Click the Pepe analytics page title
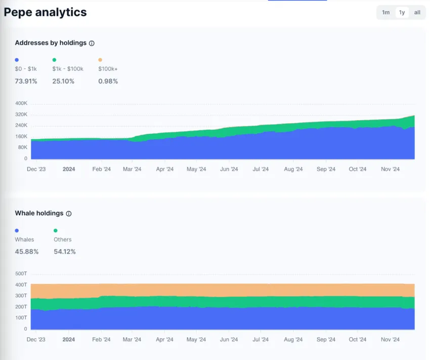click(x=46, y=12)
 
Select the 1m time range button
click(x=386, y=12)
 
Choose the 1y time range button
click(x=402, y=12)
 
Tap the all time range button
click(x=417, y=12)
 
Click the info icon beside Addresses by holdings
click(x=92, y=44)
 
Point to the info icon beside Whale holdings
click(x=69, y=214)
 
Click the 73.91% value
click(x=26, y=81)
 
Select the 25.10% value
click(x=63, y=81)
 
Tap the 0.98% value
click(x=108, y=81)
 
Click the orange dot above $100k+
click(x=100, y=60)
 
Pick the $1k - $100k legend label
click(x=67, y=69)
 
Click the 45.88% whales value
click(x=27, y=252)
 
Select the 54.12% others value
click(x=65, y=252)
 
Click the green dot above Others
click(x=56, y=230)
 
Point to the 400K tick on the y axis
click(x=21, y=103)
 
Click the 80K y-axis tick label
click(x=22, y=147)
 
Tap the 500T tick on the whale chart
click(x=21, y=274)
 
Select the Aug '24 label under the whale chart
click(x=293, y=340)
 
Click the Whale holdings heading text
click(x=39, y=214)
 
